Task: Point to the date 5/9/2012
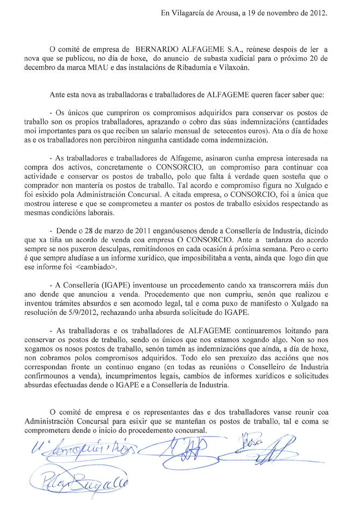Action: [80, 313]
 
